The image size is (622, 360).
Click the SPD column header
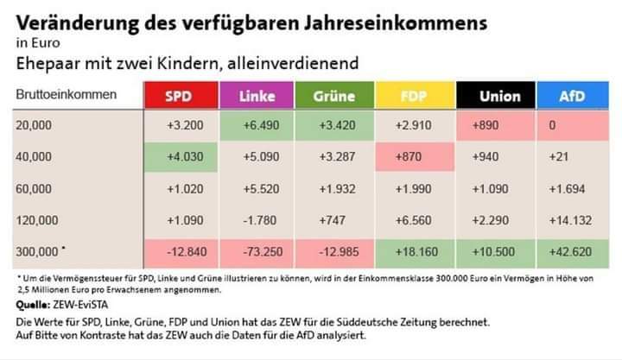pos(179,97)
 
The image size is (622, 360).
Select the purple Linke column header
pos(257,97)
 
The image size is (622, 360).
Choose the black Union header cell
pos(493,97)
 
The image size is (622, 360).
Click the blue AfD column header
pos(571,97)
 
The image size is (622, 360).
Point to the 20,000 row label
pos(35,125)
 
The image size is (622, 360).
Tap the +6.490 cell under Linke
pos(257,125)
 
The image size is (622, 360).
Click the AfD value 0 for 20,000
pos(571,125)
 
